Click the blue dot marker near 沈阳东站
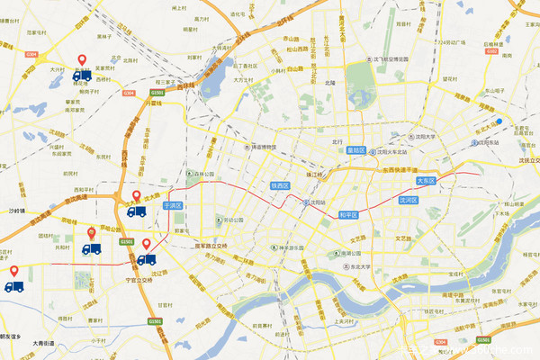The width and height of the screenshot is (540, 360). click(497, 121)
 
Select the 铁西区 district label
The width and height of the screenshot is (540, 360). click(280, 184)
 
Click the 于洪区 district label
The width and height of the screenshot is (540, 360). click(173, 205)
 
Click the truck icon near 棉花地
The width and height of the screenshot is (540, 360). click(82, 76)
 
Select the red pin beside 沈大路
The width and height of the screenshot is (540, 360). click(137, 196)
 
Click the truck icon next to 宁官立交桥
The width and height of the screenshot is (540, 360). click(146, 259)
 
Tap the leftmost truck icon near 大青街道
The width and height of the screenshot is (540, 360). click(13, 286)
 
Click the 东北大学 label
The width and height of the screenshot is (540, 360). click(364, 266)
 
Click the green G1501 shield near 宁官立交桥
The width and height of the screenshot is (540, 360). click(126, 241)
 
